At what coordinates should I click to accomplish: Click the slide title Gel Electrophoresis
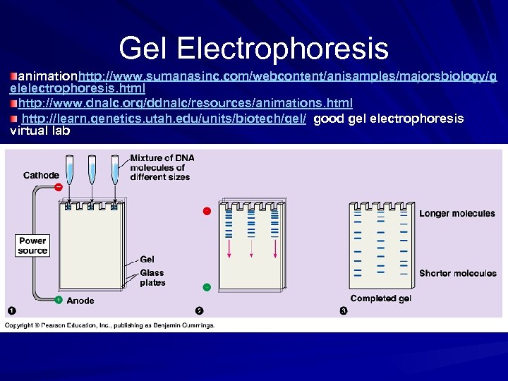[x=253, y=49]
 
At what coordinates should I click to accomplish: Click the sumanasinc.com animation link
[x=282, y=75]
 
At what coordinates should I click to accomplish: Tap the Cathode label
[x=41, y=175]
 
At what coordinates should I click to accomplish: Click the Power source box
[x=32, y=246]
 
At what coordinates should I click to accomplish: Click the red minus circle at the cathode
[x=59, y=187]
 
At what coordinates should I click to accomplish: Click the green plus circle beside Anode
[x=59, y=300]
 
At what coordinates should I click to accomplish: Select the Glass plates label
[x=152, y=277]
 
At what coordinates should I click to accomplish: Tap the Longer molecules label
[x=457, y=213]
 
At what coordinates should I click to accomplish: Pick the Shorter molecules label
[x=457, y=273]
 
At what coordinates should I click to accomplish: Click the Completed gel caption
[x=380, y=298]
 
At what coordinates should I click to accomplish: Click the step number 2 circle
[x=200, y=310]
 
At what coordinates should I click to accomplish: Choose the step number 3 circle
[x=344, y=310]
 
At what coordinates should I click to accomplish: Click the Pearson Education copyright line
[x=109, y=325]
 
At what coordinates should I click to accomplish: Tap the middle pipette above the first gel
[x=91, y=170]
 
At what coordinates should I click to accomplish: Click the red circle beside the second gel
[x=207, y=211]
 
